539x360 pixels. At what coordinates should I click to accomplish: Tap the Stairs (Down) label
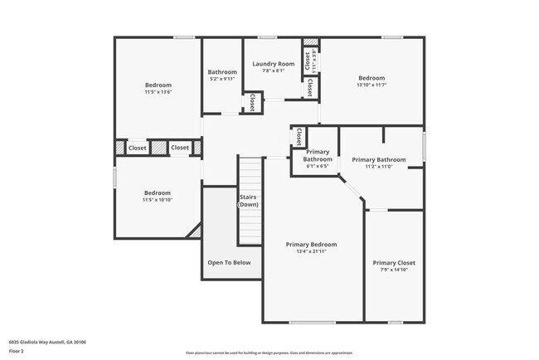coord(248,200)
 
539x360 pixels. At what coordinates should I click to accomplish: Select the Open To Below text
coord(229,262)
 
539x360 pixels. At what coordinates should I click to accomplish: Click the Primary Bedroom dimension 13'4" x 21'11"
coord(311,252)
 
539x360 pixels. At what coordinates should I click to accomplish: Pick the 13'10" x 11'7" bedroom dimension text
coord(371,85)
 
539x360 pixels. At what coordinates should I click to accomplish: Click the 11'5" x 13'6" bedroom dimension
coord(158,92)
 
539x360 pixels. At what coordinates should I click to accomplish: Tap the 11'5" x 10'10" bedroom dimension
coord(158,200)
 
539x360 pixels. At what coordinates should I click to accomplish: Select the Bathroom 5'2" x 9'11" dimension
coord(222,79)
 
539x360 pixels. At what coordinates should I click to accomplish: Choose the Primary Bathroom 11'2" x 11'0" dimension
coord(378,167)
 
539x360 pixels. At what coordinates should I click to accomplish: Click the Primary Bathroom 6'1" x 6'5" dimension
coord(318,166)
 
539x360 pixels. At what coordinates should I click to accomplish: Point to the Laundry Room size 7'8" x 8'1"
coord(273,71)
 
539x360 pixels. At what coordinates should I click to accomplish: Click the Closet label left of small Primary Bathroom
coord(299,136)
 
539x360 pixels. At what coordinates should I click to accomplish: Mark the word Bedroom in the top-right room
coord(371,77)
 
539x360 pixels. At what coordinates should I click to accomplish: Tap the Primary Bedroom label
coord(311,245)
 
